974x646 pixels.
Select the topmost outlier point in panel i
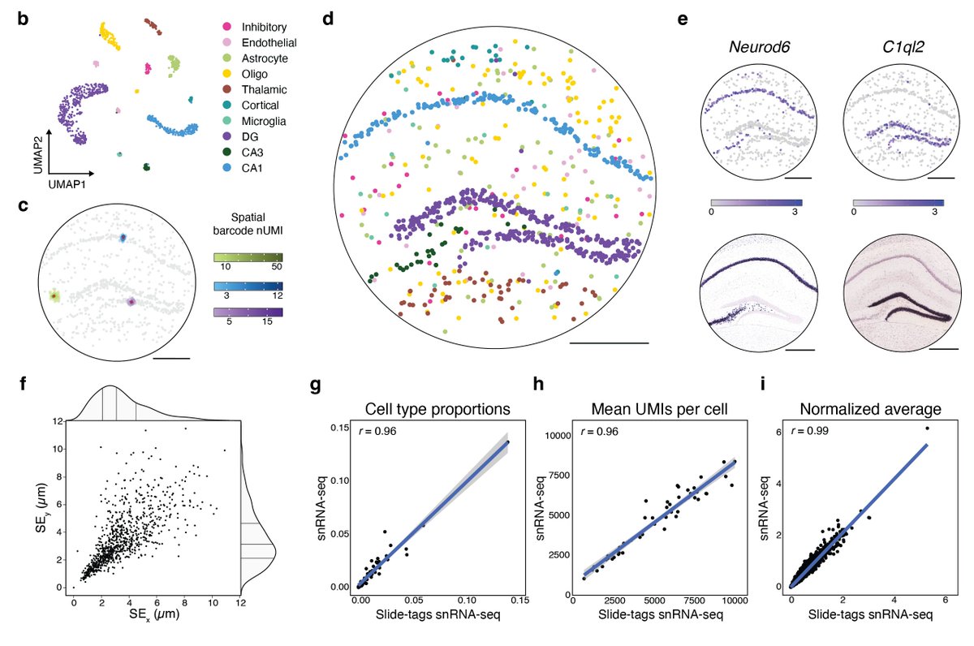click(x=926, y=429)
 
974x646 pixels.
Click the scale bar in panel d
click(x=609, y=344)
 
